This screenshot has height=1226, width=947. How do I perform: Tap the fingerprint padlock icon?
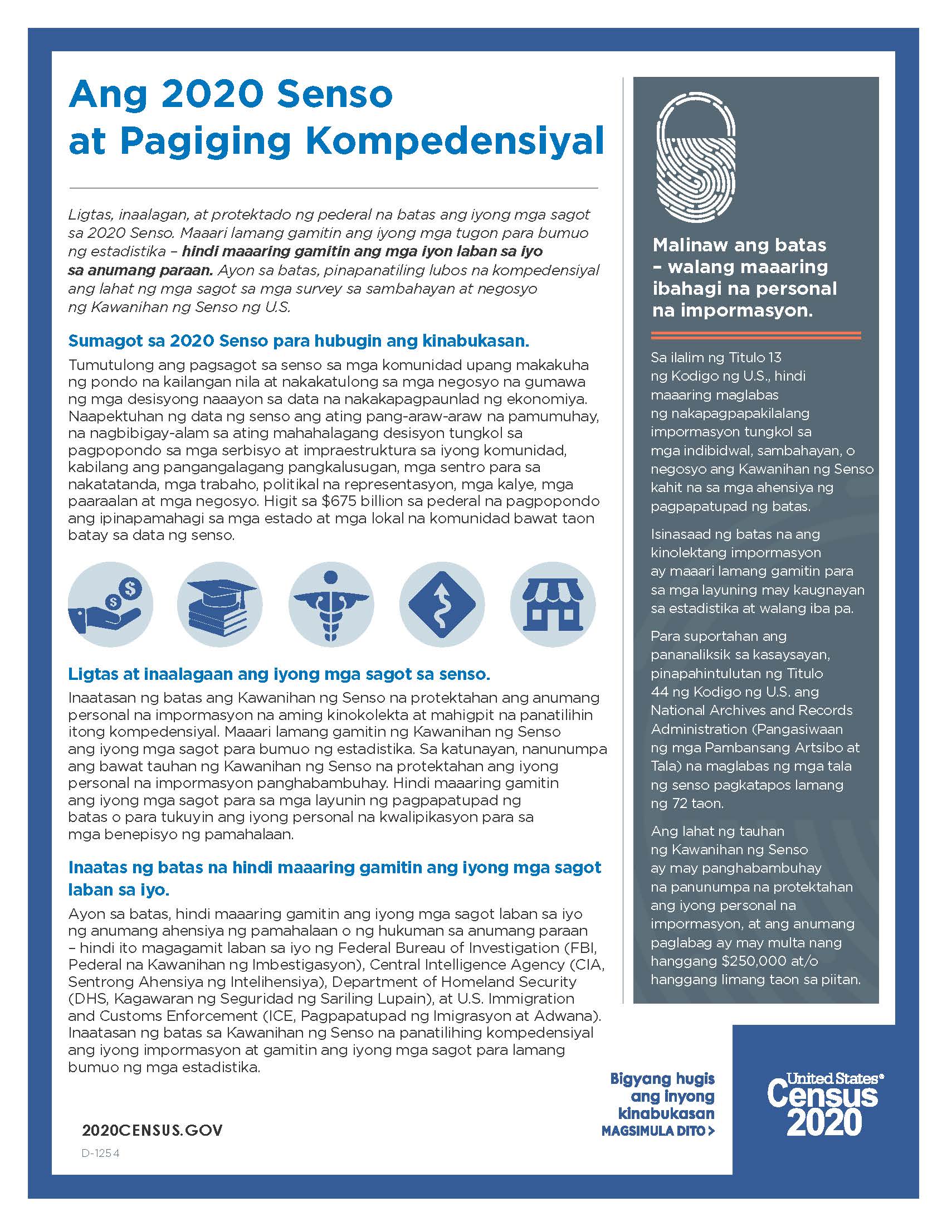(696, 157)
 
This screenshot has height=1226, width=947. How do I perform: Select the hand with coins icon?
(110, 605)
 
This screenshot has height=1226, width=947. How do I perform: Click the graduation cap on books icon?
(220, 605)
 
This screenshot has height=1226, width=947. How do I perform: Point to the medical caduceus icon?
(331, 605)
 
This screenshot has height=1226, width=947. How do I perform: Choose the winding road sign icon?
(442, 605)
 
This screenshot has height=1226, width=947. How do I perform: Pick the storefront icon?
(553, 605)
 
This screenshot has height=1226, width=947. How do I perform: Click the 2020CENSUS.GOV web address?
(152, 1130)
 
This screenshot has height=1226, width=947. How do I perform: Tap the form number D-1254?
(100, 1153)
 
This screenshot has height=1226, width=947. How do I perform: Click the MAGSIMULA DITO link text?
(657, 1131)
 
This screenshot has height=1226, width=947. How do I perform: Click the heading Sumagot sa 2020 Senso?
(299, 340)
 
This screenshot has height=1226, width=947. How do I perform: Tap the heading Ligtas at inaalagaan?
(279, 674)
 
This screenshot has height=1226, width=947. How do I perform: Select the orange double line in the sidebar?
(756, 335)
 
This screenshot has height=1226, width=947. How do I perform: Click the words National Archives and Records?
(751, 710)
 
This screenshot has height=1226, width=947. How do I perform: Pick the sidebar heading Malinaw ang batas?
(739, 245)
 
